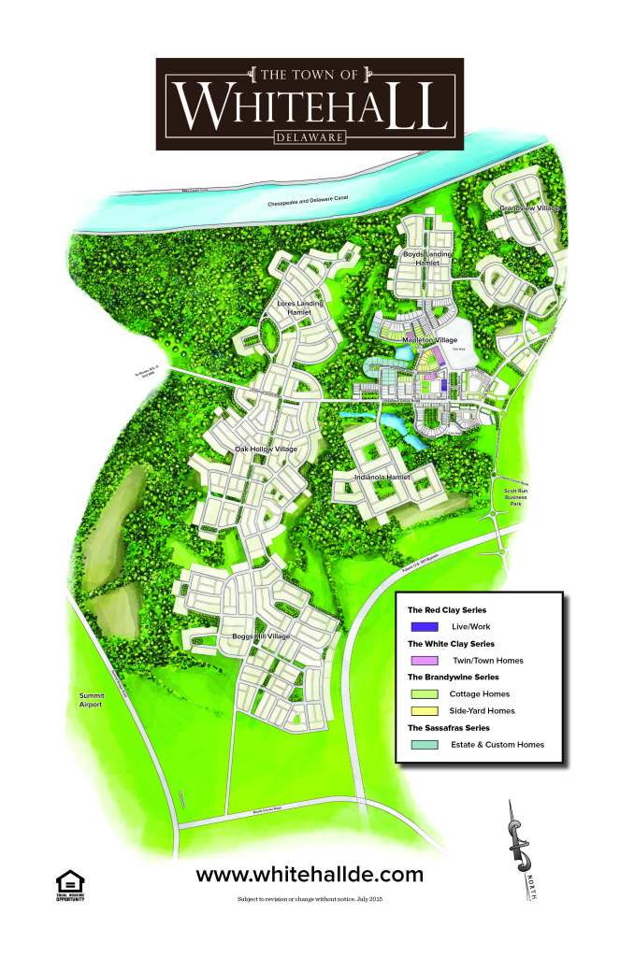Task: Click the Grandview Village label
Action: click(x=528, y=208)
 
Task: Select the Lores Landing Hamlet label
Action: click(x=300, y=308)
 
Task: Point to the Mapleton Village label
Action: click(x=430, y=340)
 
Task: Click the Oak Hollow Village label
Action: click(x=267, y=450)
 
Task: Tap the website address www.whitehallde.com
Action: click(x=310, y=875)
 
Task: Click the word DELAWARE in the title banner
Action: click(x=310, y=137)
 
